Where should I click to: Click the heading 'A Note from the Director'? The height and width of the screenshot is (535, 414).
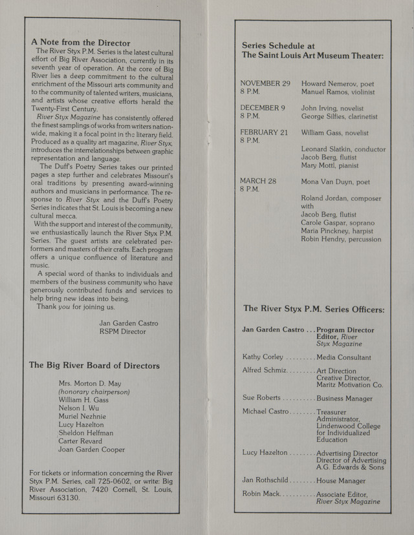click(x=80, y=42)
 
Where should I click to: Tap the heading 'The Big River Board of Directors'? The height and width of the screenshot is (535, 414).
click(x=94, y=365)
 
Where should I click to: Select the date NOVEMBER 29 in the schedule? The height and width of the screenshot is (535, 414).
click(x=265, y=84)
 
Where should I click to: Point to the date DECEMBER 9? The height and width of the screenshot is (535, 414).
click(x=263, y=108)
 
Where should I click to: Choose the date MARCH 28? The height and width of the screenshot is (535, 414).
click(x=258, y=182)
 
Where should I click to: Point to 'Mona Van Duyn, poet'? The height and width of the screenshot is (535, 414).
click(x=335, y=182)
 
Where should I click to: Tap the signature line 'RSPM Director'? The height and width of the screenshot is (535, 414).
click(x=123, y=331)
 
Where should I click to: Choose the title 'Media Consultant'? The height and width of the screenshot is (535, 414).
click(x=343, y=357)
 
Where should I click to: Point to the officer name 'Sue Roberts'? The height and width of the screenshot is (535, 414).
click(x=261, y=397)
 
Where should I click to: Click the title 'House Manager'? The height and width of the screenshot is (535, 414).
click(x=341, y=481)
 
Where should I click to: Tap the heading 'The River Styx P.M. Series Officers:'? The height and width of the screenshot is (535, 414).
click(x=313, y=309)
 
